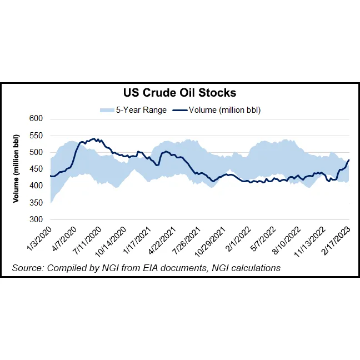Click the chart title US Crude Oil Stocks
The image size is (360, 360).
coord(179,93)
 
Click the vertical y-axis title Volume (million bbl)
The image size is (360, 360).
coord(17,169)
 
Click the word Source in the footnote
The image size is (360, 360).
coord(26,268)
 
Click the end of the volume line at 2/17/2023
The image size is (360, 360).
coord(349,160)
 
